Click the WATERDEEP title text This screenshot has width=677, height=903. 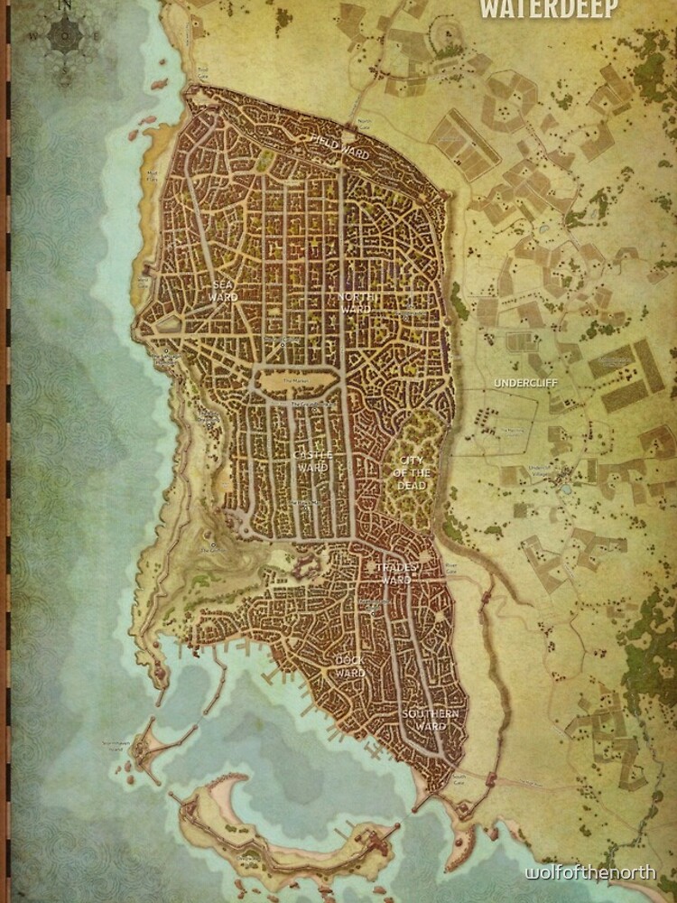[549, 9]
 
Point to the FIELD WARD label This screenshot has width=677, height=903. [340, 147]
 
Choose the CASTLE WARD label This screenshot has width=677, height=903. [312, 461]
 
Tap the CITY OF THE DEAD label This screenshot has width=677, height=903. [413, 473]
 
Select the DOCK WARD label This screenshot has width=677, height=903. [350, 666]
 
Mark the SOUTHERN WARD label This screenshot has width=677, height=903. [431, 720]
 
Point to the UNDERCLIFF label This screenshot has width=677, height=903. [525, 383]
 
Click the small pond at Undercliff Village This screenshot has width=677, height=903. [565, 489]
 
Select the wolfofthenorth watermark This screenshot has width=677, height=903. [590, 872]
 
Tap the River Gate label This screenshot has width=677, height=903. [451, 568]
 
